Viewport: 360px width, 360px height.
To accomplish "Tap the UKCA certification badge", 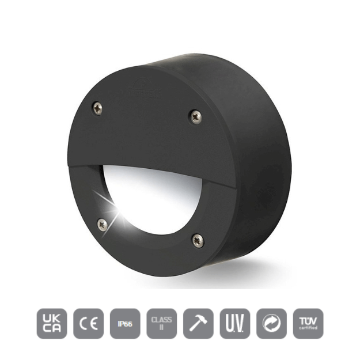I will pyautogui.click(x=52, y=324).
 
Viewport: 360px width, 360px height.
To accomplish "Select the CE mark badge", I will pyautogui.click(x=88, y=324).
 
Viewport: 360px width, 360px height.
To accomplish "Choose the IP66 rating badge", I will pyautogui.click(x=124, y=324).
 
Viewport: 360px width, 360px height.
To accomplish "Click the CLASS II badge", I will pyautogui.click(x=161, y=324).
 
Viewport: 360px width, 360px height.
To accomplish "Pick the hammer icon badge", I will pyautogui.click(x=198, y=324).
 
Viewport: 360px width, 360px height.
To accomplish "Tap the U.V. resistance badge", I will pyautogui.click(x=234, y=324).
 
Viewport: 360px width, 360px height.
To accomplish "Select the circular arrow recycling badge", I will pyautogui.click(x=271, y=324).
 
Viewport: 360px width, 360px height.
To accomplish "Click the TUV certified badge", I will pyautogui.click(x=308, y=324).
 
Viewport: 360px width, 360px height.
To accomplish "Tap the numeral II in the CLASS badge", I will pyautogui.click(x=161, y=329).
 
